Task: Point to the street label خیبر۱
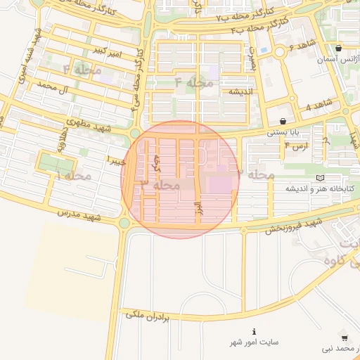pyautogui.click(x=116, y=160)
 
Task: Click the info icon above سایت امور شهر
pyautogui.click(x=254, y=331)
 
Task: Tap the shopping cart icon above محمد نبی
pyautogui.click(x=344, y=337)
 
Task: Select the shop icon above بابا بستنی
pyautogui.click(x=283, y=121)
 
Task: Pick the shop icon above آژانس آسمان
pyautogui.click(x=339, y=48)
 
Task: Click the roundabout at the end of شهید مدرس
pyautogui.click(x=125, y=223)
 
